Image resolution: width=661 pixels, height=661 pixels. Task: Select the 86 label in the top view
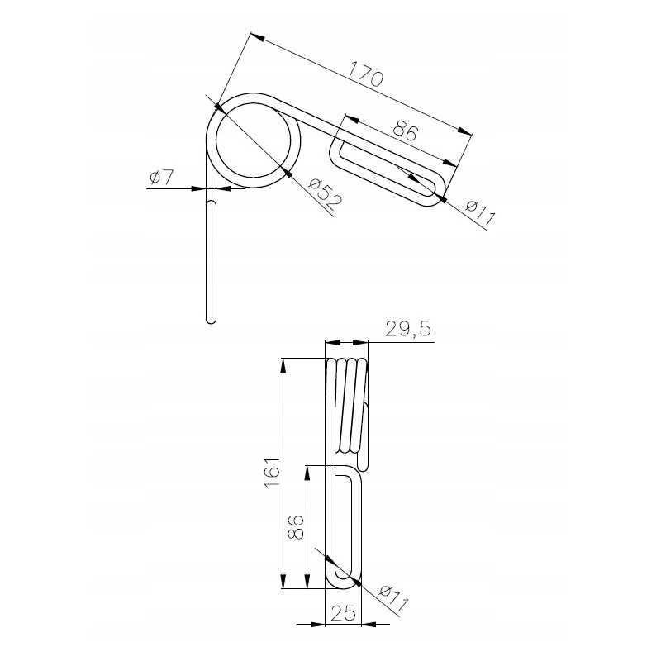406,131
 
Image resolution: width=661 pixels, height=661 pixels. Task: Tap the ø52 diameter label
325,195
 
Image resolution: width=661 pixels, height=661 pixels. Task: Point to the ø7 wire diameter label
161,178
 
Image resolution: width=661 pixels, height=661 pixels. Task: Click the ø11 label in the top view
480,212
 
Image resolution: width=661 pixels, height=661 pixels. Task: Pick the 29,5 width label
408,329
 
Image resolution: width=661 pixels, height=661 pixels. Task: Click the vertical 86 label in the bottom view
296,527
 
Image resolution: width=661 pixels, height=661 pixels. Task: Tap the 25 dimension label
343,613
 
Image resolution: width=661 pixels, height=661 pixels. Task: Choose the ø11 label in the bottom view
394,598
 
